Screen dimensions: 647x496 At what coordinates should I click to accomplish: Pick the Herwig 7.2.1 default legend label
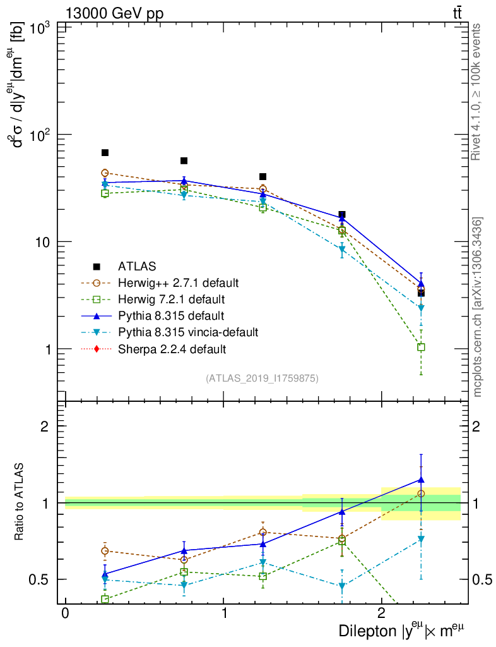click(172, 299)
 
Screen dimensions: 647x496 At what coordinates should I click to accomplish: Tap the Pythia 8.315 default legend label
click(170, 315)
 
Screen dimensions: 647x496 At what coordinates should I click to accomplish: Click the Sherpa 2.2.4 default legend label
click(171, 348)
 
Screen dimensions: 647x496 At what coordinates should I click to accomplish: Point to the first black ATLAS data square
click(105, 153)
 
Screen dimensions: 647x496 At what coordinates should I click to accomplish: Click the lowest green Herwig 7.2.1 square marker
click(421, 347)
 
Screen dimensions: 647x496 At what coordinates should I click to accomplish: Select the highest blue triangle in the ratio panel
click(421, 480)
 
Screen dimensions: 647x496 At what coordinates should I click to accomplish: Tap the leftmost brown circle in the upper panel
click(105, 172)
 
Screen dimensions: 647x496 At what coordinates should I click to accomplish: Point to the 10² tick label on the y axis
click(40, 135)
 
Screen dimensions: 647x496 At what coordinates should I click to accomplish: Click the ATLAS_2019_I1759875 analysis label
click(262, 378)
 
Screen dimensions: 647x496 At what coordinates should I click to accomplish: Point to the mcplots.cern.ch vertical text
click(478, 307)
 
